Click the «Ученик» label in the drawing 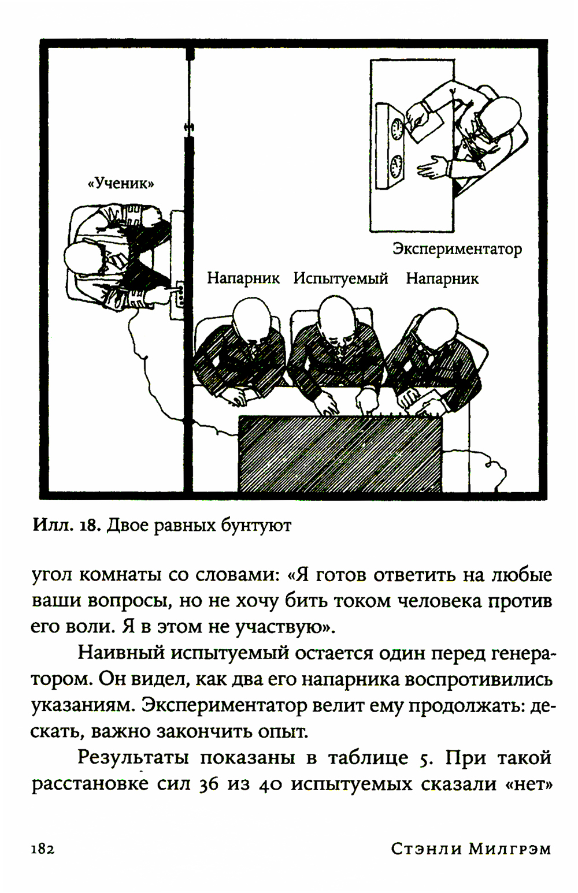point(120,184)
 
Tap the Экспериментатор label point(457,249)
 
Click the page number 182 point(43,849)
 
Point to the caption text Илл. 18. point(67,525)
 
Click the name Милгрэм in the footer point(509,849)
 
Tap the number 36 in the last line point(209,784)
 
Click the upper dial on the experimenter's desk point(397,128)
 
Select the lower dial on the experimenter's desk point(397,166)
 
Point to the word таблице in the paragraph point(368,758)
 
